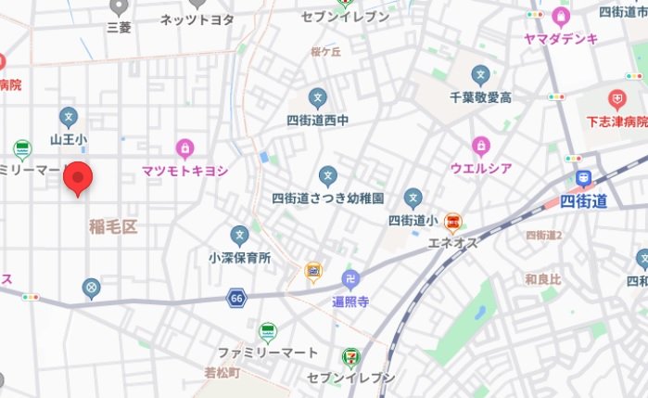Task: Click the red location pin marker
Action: point(79,177)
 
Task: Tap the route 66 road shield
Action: point(238,299)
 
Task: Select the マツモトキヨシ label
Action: point(185,171)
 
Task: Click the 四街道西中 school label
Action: point(317,120)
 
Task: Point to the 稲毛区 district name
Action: point(113,227)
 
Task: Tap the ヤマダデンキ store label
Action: point(560,38)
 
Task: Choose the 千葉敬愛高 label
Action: point(480,96)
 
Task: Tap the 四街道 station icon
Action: point(583,179)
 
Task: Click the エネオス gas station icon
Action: point(452,222)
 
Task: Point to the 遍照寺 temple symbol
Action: point(351,278)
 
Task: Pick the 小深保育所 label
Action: point(239,258)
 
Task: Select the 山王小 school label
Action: point(69,139)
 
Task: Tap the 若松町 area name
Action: point(222,373)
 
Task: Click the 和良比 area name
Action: point(542,278)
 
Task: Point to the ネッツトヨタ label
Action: point(197,19)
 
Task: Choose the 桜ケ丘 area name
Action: point(325,52)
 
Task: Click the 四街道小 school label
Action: point(413,220)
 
